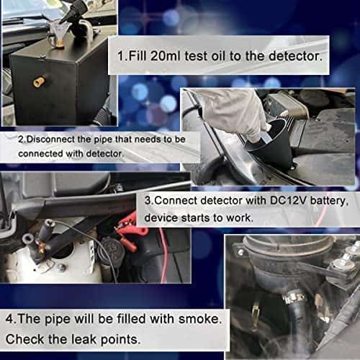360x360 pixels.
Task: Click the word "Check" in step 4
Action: pos(26,338)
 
